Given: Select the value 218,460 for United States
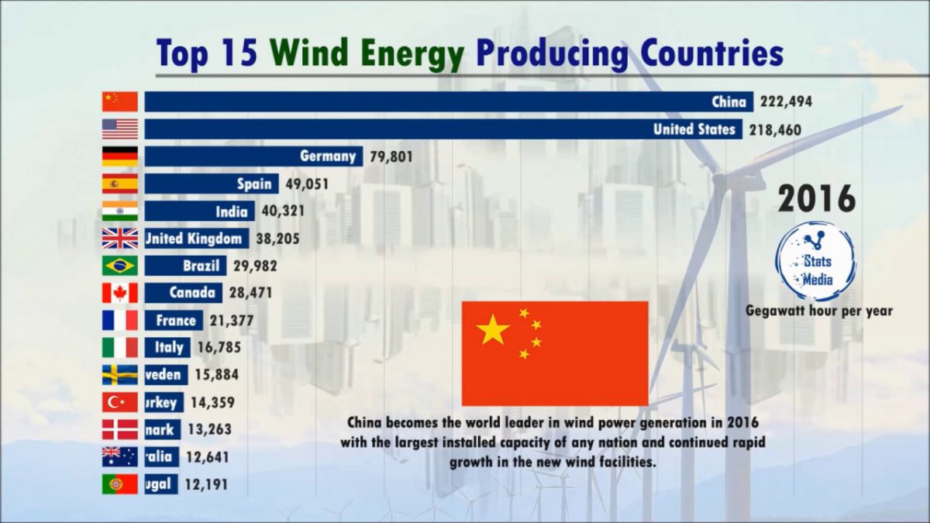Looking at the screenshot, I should pos(775,129).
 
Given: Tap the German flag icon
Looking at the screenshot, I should pos(120,157).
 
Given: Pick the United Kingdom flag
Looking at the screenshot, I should pos(120,239).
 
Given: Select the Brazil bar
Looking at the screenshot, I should pos(185,266).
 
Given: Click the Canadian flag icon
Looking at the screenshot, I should pos(120,293).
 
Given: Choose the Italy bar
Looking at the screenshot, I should pos(167,348).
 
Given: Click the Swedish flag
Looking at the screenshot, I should pos(120,375).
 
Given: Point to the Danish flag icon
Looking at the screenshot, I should pos(120,429).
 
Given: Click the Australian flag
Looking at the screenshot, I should pos(120,457).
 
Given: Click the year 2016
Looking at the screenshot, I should pos(817,199).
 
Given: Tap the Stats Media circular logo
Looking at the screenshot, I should pos(816,261).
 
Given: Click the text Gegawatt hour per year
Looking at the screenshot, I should pos(819,311).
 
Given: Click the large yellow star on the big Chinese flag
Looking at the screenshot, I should pos(493,330).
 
